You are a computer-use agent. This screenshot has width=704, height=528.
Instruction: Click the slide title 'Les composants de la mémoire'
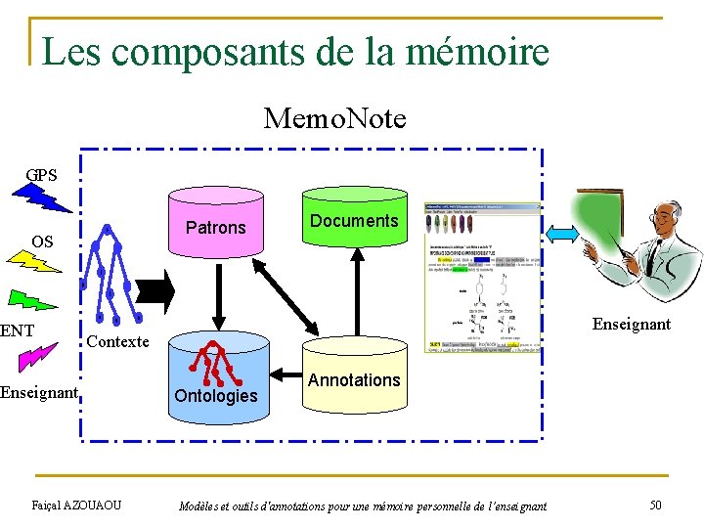(295, 51)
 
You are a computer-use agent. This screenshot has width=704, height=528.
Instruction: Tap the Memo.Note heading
(334, 119)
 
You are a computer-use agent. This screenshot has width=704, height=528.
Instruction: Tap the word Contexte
(117, 341)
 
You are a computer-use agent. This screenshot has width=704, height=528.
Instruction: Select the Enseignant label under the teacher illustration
(632, 324)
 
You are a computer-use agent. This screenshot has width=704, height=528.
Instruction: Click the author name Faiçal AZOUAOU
(77, 505)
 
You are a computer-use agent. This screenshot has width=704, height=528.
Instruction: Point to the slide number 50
(655, 505)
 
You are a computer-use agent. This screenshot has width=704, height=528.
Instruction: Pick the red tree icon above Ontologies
(215, 362)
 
